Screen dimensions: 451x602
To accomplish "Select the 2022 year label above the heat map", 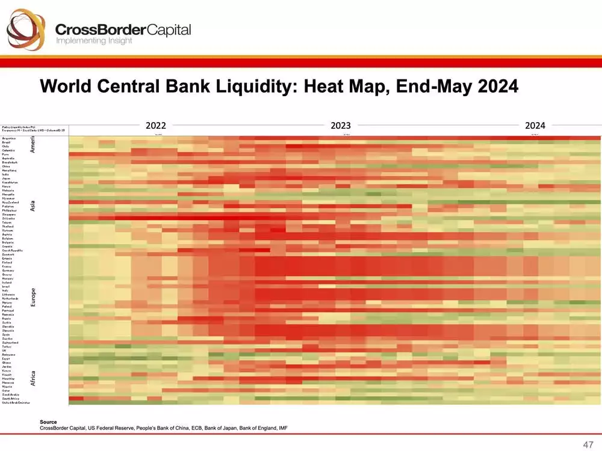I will point(156,126).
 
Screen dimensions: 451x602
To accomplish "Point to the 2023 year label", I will point(341,126).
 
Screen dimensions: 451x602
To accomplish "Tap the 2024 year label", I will point(535,126).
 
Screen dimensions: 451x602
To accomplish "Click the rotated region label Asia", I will point(34,206).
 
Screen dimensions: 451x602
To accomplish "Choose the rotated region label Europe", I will point(34,297).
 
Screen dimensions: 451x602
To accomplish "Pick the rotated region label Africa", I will point(34,378).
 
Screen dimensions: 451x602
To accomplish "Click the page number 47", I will point(588,444).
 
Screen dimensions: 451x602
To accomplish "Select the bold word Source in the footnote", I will point(48,422).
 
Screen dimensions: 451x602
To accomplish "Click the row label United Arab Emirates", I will point(16,402).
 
